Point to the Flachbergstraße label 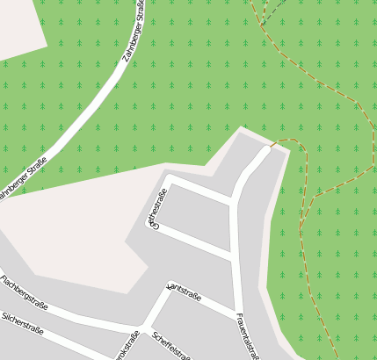[x=24, y=293]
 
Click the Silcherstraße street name [x=23, y=325]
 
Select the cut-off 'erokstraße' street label [x=127, y=347]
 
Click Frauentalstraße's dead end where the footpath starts [x=267, y=150]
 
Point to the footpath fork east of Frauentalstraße [x=301, y=229]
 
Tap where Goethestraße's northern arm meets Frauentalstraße [x=233, y=203]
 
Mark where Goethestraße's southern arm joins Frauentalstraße [x=235, y=256]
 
